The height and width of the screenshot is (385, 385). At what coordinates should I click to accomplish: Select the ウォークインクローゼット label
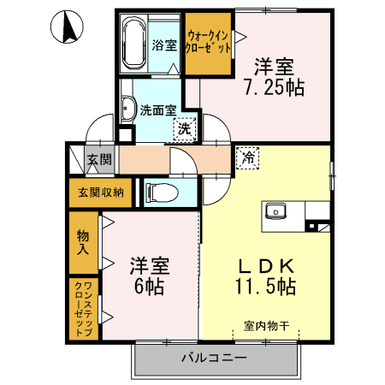209,42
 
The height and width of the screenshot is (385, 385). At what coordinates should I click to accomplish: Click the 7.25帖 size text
274,86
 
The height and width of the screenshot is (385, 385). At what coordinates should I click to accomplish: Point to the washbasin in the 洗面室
128,108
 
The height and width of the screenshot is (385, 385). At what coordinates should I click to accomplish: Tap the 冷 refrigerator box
247,157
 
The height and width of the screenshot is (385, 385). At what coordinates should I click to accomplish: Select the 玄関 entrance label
99,159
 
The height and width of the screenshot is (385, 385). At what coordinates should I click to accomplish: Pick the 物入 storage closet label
83,240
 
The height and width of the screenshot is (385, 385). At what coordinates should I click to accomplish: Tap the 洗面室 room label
158,110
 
